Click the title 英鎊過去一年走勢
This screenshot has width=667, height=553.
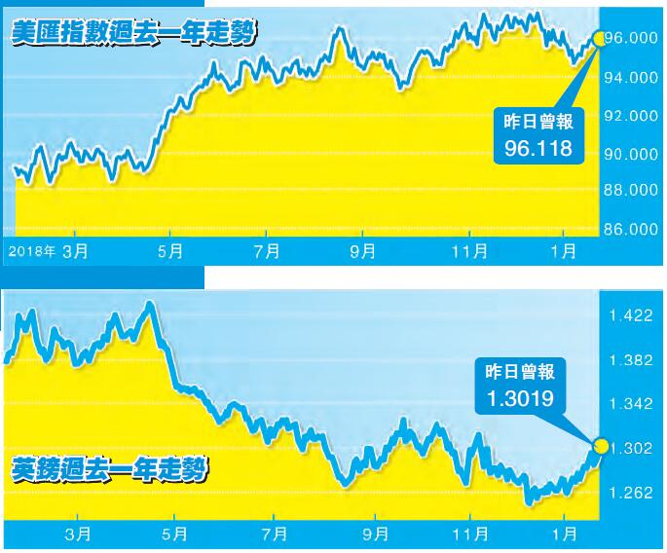click(x=111, y=472)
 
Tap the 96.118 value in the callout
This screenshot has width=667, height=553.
click(x=538, y=147)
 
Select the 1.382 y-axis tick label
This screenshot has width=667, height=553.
click(x=631, y=360)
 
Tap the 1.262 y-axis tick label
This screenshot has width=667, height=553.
click(x=631, y=493)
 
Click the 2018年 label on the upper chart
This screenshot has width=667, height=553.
click(x=31, y=251)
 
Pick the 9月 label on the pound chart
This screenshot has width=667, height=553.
click(x=373, y=534)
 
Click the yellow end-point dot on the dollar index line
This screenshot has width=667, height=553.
click(x=597, y=38)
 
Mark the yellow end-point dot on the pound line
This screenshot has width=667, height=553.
click(x=600, y=447)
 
